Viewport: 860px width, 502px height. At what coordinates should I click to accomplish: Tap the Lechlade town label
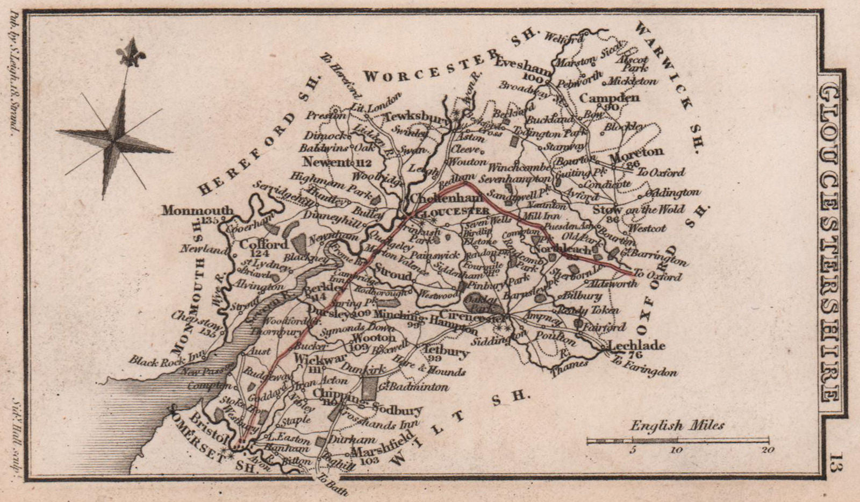pyautogui.click(x=636, y=346)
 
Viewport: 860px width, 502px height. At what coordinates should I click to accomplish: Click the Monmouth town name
pyautogui.click(x=197, y=210)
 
